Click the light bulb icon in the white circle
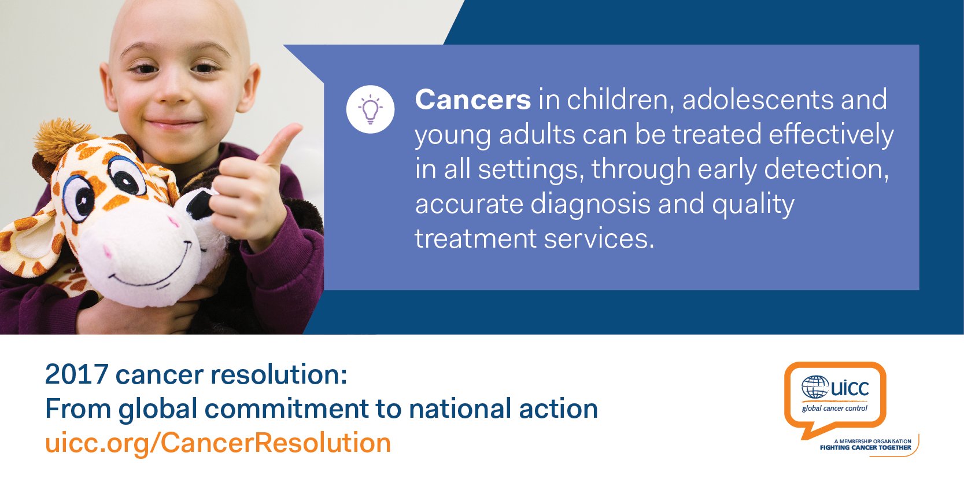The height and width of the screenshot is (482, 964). coord(370,109)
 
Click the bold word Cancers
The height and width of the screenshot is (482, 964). coord(472,100)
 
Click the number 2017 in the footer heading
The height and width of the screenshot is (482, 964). coord(76,374)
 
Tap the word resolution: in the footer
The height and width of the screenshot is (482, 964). coord(278,374)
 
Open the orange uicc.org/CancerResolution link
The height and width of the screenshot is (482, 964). coord(218,443)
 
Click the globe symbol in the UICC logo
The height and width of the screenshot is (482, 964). coord(815,387)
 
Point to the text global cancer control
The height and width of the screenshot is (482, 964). coord(834,408)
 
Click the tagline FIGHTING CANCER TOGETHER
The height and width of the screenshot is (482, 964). coord(865,447)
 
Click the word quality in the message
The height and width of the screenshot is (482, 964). coord(753,204)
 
